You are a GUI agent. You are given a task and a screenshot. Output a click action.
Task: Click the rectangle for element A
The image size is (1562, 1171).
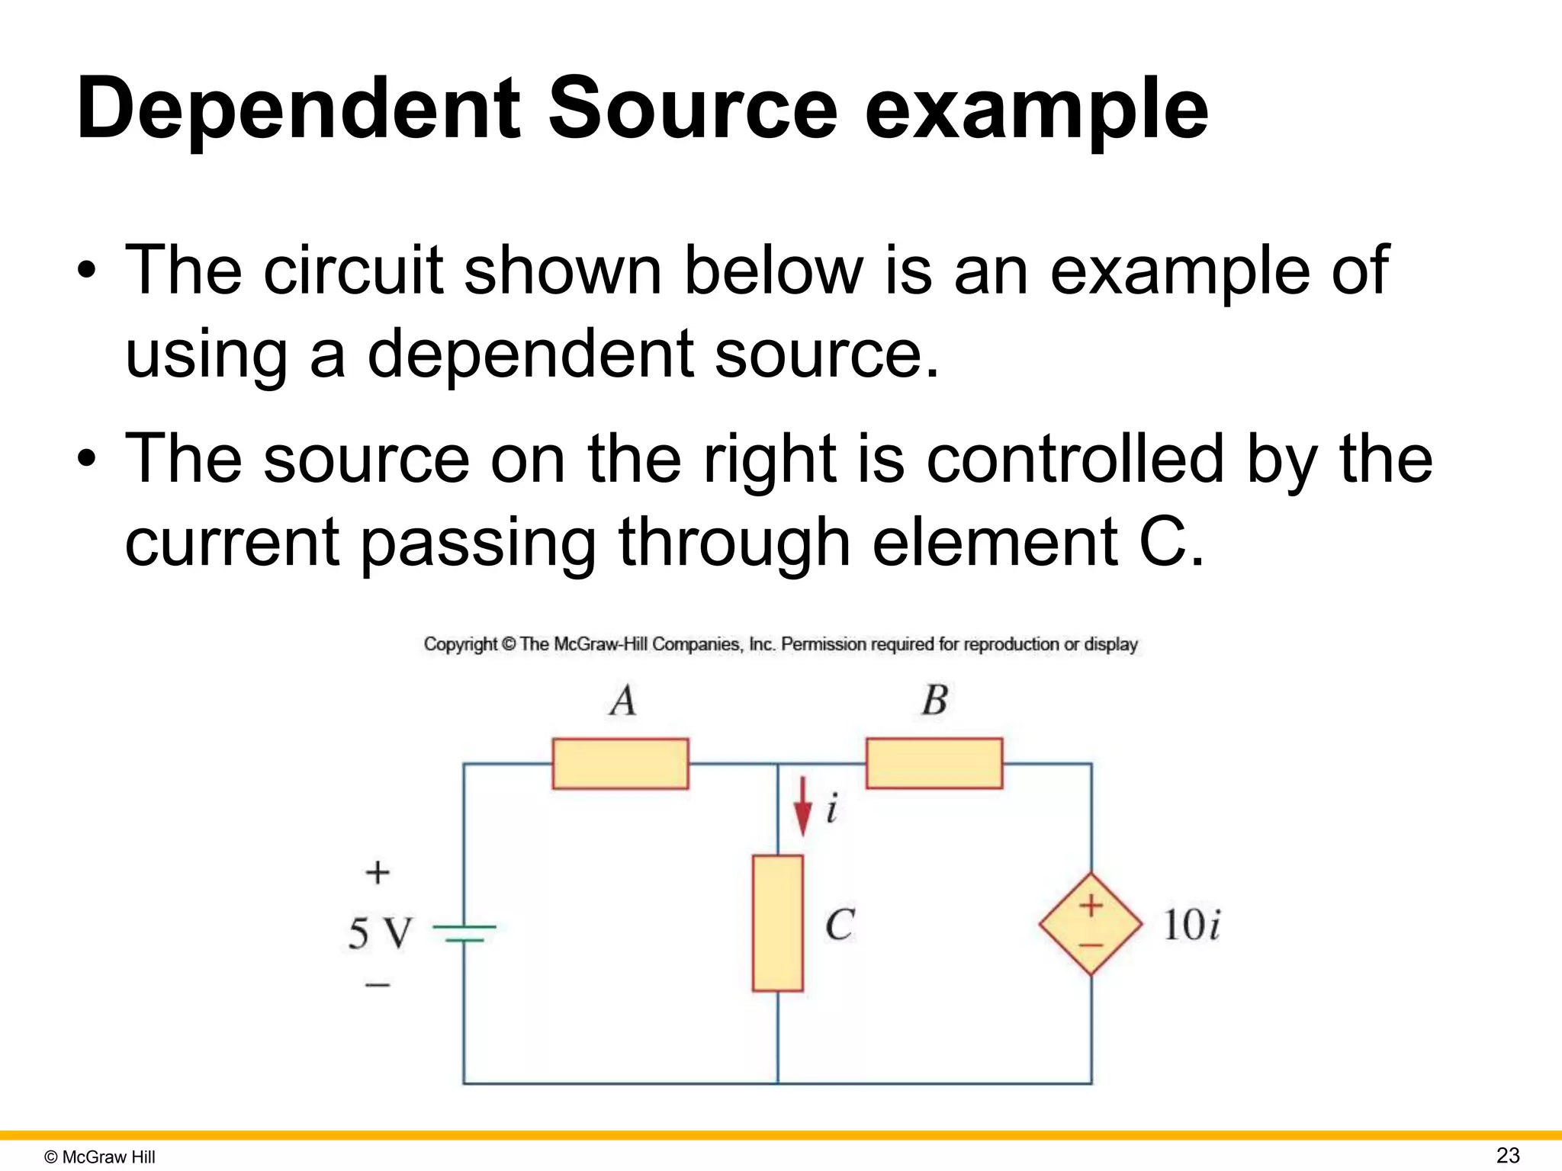(x=620, y=763)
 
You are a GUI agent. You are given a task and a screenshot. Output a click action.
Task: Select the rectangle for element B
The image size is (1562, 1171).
(x=934, y=763)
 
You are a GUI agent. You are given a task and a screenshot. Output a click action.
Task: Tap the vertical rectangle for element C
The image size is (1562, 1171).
(x=777, y=923)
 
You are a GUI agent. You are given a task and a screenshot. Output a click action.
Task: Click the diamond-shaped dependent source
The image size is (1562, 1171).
(x=1091, y=924)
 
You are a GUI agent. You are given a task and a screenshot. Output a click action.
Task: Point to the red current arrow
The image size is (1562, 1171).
(x=802, y=807)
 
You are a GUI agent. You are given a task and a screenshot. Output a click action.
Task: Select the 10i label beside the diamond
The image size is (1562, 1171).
(x=1191, y=925)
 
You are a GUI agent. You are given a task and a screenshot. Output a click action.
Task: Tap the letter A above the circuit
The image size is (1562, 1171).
(x=622, y=700)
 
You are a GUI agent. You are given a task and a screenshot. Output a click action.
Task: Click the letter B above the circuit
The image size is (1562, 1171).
(x=934, y=700)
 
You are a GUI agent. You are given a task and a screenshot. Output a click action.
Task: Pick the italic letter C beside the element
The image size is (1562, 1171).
(x=840, y=925)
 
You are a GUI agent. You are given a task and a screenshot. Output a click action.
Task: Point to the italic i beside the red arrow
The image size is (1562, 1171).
(x=831, y=808)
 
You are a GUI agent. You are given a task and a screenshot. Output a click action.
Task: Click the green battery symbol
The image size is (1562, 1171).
(x=464, y=933)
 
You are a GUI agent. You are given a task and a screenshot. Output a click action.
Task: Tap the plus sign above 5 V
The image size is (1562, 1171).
(x=378, y=872)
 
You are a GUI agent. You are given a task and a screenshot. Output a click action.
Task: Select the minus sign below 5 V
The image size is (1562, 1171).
(x=378, y=985)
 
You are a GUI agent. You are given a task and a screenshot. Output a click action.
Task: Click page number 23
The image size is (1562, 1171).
(x=1508, y=1155)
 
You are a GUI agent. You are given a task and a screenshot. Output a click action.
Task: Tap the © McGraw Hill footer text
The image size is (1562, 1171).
(x=100, y=1157)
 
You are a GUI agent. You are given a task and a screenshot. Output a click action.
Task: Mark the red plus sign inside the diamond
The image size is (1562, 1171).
(x=1091, y=905)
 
